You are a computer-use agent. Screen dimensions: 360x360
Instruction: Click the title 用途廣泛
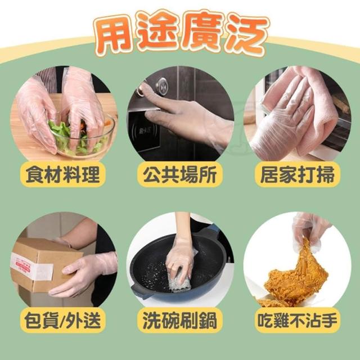coord(181,33)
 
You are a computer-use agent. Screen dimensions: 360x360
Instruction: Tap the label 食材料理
coord(63,174)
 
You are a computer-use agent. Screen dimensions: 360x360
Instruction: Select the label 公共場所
coord(180,174)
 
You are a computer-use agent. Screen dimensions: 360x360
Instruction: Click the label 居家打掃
coord(298,174)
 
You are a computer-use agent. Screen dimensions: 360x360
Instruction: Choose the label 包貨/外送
coord(63,321)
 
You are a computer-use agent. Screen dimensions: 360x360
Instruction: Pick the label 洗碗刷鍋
coord(180,321)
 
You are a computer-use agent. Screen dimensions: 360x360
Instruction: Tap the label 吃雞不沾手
coord(298,321)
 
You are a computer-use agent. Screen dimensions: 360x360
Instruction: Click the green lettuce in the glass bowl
coord(69,138)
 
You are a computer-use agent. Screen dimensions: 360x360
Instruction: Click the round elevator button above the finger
coord(162,87)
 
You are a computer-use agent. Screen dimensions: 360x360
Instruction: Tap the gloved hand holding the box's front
coord(83,273)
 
